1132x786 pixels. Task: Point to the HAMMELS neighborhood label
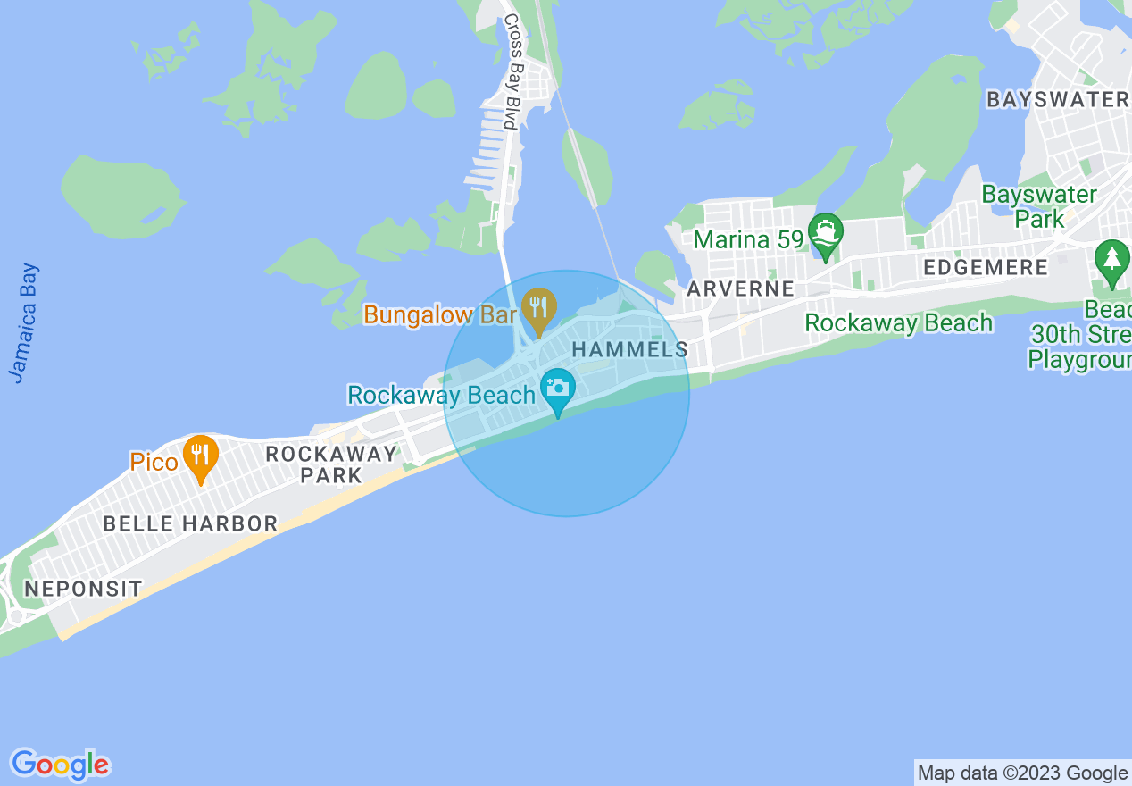coord(630,350)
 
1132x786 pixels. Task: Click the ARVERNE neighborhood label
coord(740,288)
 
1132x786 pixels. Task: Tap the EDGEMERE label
coord(986,268)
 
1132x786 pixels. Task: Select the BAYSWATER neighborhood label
coord(1057,99)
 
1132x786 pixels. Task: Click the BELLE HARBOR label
coord(190,523)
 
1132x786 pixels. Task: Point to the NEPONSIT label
coord(83,589)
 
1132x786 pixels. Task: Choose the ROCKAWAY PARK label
coord(331,464)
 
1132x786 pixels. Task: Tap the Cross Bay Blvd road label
coord(511,71)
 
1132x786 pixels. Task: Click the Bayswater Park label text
coord(1039,206)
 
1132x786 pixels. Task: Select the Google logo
coord(61,765)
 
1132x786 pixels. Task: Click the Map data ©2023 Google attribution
coord(1022,773)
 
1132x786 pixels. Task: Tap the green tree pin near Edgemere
coord(1111,261)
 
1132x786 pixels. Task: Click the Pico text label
coord(154,462)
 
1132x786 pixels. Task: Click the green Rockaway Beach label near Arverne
coord(898,322)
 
